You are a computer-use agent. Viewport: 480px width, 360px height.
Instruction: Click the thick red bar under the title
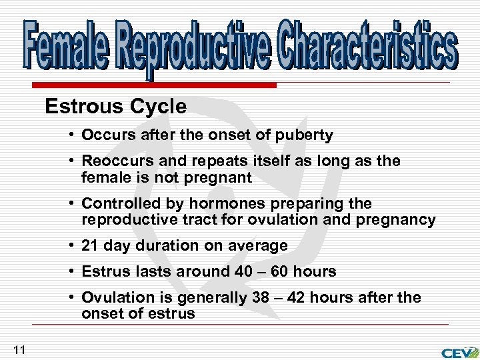(x=153, y=85)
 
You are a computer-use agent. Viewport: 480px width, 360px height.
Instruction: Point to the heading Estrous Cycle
(x=115, y=106)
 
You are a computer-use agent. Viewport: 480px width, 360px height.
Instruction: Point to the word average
(x=260, y=245)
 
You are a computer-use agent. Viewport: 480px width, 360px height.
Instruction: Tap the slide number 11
(x=19, y=348)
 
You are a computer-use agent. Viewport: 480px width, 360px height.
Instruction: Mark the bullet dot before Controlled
(x=71, y=203)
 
